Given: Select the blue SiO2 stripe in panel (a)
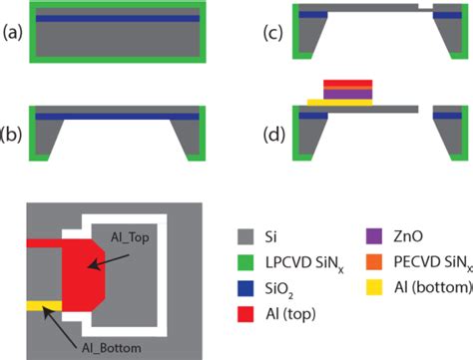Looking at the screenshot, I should pos(121,18).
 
